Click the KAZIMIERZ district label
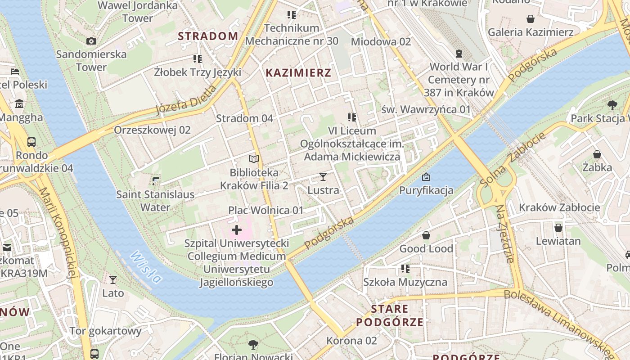coord(298,72)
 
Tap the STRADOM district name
coord(208,36)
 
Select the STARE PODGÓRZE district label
coord(390,315)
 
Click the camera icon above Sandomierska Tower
coord(91,41)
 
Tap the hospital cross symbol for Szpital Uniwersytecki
coord(237,230)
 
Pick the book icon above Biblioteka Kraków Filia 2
coord(254,159)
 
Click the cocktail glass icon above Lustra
coord(323,176)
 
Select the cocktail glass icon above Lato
coord(113,279)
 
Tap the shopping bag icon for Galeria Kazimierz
coord(531,18)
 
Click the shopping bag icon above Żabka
coord(597,154)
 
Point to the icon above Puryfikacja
coord(426,176)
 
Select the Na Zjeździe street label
coord(504,233)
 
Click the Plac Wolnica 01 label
coord(266,210)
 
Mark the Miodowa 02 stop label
coord(381,41)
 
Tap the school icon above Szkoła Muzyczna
coord(405,269)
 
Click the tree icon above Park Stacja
coord(612,105)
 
